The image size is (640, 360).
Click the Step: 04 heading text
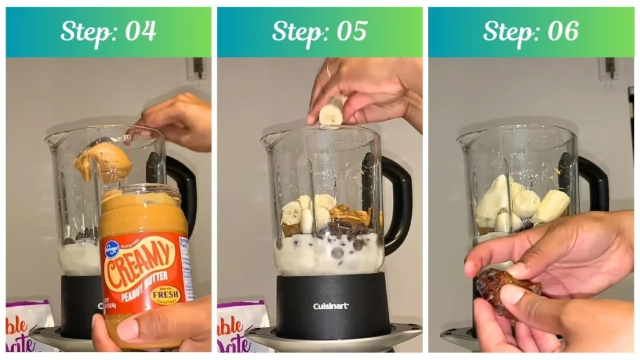coord(108,31)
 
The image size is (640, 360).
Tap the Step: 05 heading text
coord(319,31)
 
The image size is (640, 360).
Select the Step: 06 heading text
coord(531,31)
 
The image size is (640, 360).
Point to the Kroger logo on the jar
coord(112,249)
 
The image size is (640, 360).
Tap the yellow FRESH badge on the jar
coord(166,294)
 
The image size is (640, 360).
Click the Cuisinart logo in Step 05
coord(331,306)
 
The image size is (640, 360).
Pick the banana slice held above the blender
coord(331,113)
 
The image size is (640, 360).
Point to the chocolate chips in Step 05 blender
coord(341,234)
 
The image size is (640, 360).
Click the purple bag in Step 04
coord(29,325)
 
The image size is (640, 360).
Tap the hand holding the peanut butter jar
coord(162,325)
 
